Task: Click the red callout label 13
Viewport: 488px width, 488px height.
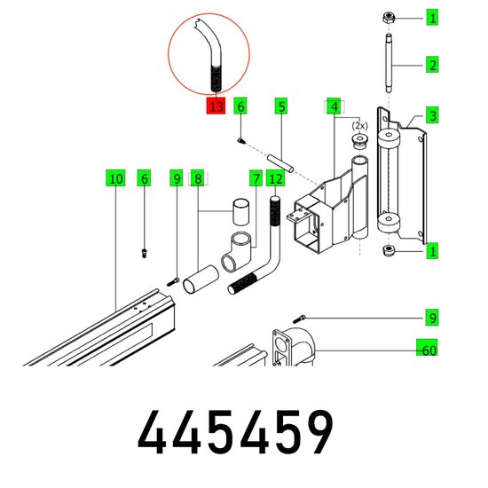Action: tap(216, 106)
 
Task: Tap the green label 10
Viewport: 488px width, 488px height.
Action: tap(115, 178)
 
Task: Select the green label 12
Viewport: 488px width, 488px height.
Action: tap(276, 178)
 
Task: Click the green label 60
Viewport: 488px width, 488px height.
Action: tap(428, 348)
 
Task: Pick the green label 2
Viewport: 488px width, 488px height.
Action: tap(432, 65)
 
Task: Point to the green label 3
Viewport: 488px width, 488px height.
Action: tap(432, 115)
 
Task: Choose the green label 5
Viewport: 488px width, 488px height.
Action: tap(281, 106)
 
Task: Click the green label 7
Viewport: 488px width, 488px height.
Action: tap(256, 178)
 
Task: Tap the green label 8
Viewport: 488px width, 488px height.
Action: tap(198, 178)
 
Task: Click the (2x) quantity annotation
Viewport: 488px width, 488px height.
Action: tap(359, 126)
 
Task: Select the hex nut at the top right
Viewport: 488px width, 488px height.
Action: tap(389, 18)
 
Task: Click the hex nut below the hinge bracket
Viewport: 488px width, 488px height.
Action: tap(389, 250)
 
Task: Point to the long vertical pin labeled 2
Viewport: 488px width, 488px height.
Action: tap(389, 64)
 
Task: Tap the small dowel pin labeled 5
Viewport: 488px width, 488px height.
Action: tap(280, 162)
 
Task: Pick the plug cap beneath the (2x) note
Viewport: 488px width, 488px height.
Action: tap(359, 142)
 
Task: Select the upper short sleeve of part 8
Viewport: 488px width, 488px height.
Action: tap(240, 212)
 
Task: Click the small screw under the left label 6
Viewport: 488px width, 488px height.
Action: tap(144, 253)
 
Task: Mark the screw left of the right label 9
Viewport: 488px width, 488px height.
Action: tap(299, 319)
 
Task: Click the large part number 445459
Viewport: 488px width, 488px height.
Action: tap(235, 432)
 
